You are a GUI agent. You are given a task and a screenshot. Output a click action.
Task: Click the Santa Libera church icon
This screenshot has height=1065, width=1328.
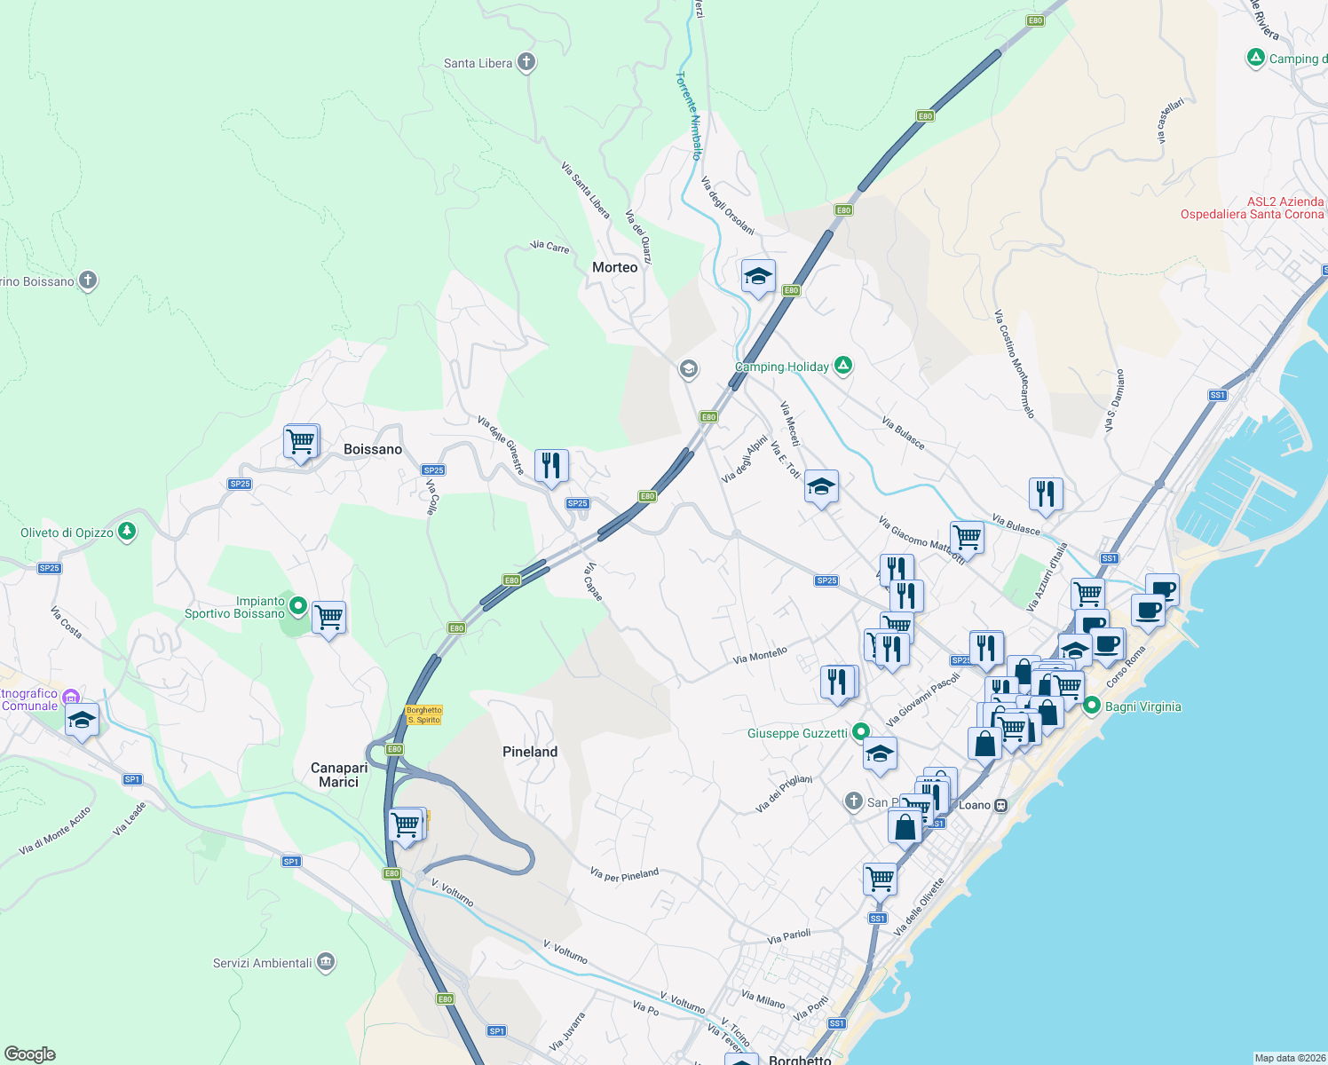(526, 62)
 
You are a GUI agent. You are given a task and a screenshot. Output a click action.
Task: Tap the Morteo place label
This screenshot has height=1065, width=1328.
(614, 267)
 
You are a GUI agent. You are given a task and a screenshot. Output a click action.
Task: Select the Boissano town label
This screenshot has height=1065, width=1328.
(373, 449)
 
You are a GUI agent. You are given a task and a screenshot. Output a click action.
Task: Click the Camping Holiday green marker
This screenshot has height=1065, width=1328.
(843, 366)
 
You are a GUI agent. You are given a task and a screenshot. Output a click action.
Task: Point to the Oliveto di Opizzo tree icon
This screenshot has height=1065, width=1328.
(127, 532)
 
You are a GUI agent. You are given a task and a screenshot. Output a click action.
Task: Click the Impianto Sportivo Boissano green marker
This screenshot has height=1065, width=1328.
(298, 607)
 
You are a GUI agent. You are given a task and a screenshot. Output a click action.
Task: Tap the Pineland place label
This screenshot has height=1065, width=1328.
(530, 752)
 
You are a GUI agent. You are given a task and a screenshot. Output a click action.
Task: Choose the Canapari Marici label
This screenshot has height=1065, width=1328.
(339, 775)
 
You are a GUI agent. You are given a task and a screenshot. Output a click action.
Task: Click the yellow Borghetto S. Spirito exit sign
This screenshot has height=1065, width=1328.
(423, 714)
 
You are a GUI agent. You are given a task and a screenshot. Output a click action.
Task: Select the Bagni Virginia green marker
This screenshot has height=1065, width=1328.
(1091, 706)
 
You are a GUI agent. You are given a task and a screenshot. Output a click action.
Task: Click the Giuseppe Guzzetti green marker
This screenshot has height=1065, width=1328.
(860, 732)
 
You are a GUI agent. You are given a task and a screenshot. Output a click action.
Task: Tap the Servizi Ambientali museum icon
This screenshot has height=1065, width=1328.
(325, 962)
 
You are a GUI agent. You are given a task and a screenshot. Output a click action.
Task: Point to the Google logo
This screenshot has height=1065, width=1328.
(30, 1054)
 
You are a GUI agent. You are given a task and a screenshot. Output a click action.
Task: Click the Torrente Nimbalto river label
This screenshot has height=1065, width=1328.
(690, 115)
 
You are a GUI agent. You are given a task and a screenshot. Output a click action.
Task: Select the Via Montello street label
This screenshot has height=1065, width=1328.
(760, 656)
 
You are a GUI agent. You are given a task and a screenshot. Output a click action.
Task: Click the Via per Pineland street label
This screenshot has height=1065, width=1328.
(624, 875)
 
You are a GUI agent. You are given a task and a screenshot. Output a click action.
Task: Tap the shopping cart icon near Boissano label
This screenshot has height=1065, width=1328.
(301, 440)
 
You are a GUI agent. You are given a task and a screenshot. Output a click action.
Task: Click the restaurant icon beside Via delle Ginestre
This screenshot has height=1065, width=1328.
(551, 464)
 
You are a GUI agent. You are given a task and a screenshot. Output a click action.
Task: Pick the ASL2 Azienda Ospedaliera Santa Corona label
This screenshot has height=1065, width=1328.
(1252, 208)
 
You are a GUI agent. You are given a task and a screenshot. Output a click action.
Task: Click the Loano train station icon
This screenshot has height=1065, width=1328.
(1000, 805)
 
